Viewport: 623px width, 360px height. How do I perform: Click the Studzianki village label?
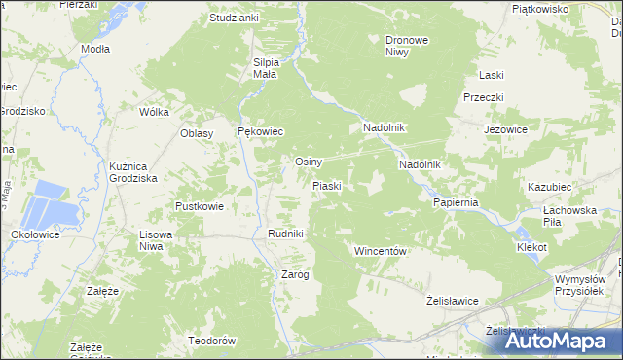(234, 18)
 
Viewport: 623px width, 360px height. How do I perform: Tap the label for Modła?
(95, 49)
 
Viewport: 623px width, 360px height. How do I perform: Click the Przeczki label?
(483, 98)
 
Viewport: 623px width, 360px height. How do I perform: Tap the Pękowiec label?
(260, 131)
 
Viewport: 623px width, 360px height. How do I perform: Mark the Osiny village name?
(309, 162)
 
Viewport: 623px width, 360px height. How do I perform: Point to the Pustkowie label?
(200, 206)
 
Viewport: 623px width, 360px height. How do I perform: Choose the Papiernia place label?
(456, 202)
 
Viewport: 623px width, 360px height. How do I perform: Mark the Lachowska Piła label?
(569, 215)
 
